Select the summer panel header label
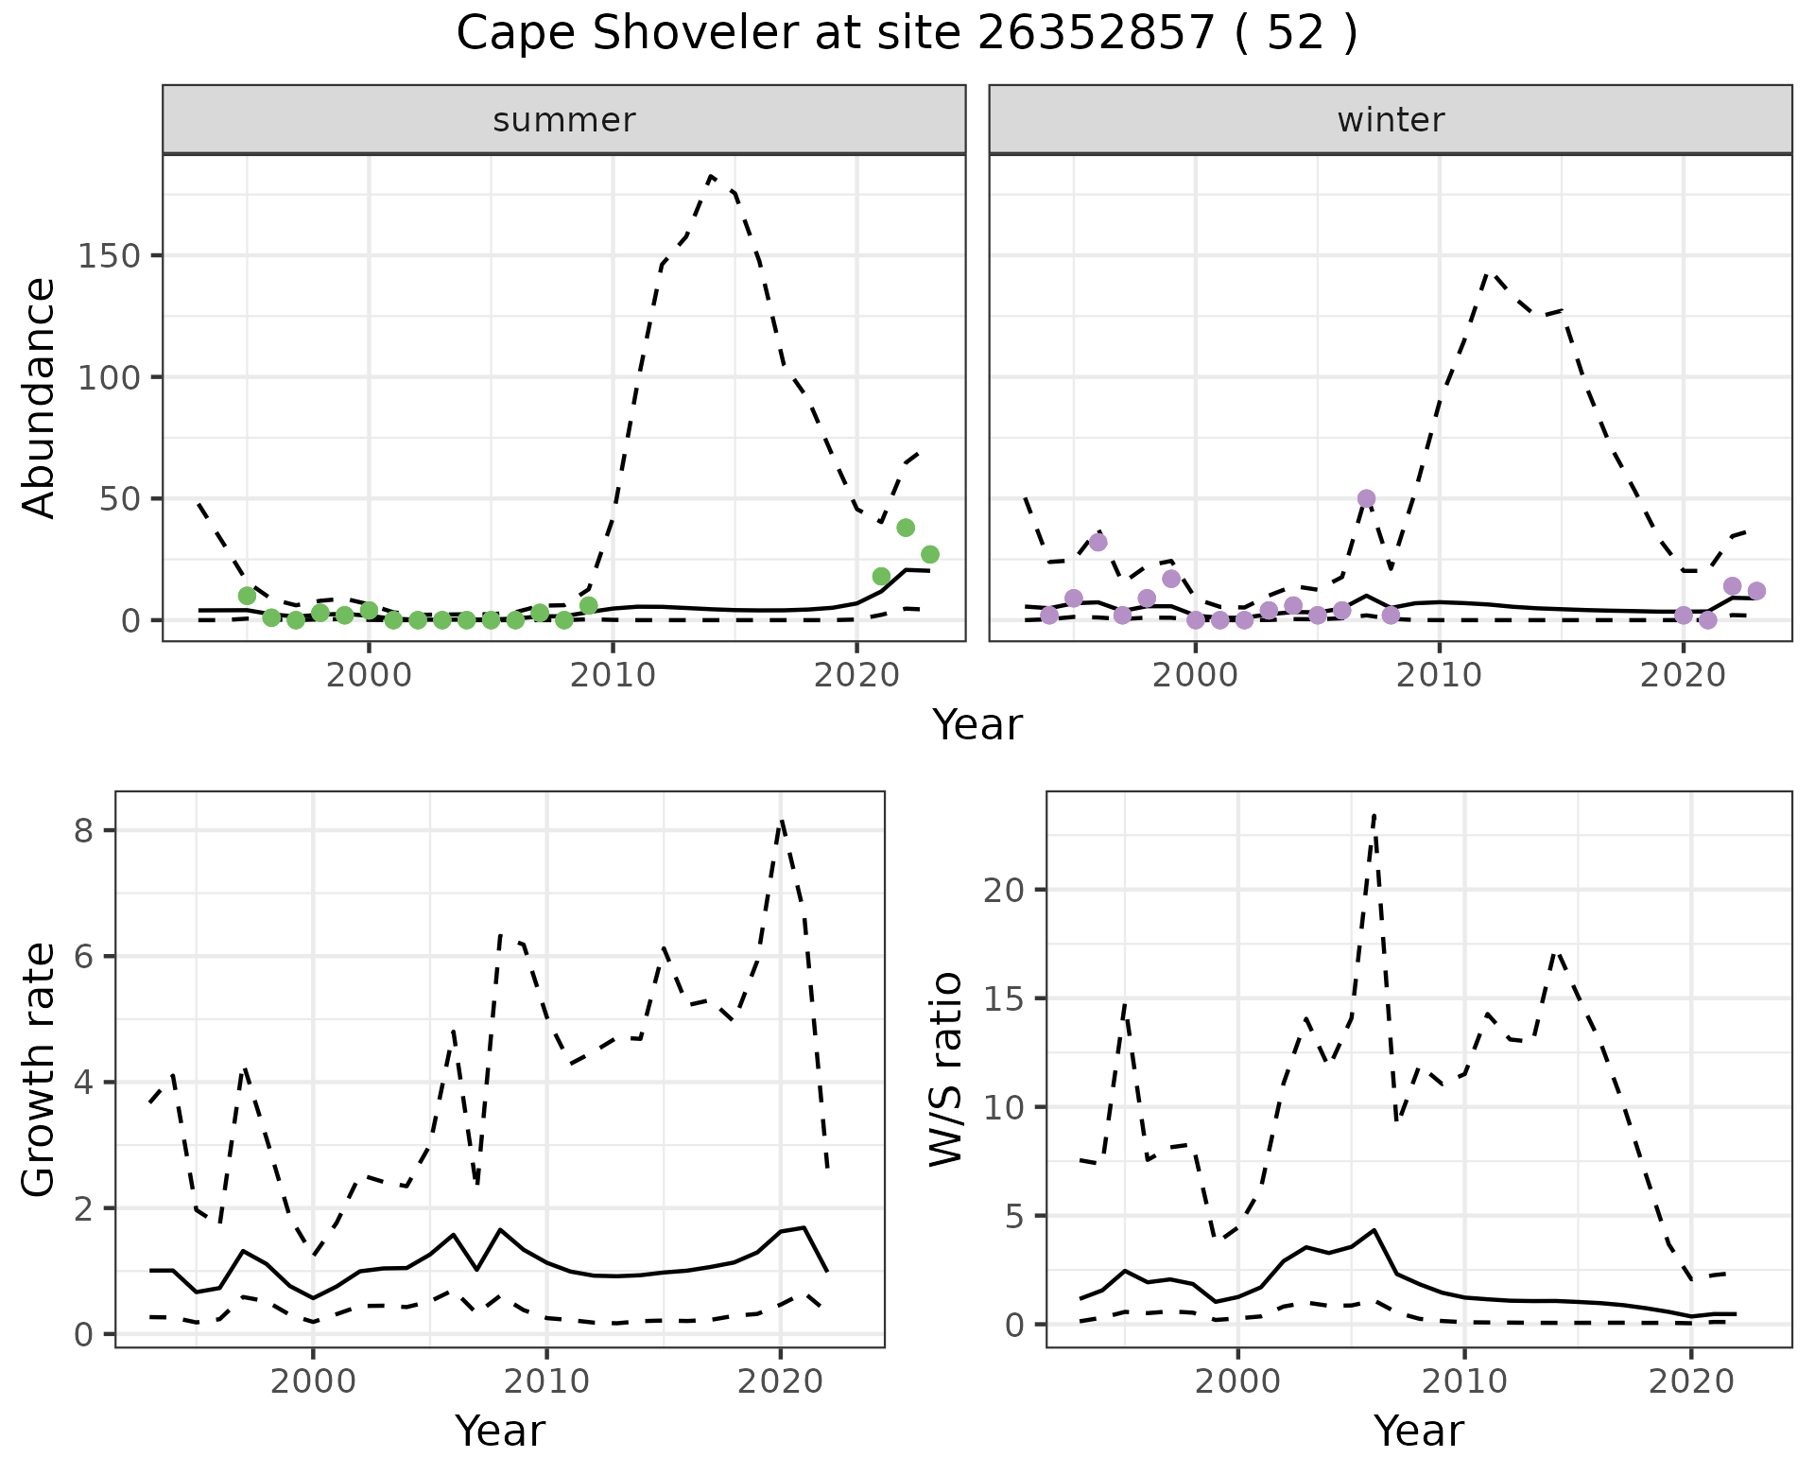click(563, 120)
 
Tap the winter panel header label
click(1390, 120)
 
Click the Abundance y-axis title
click(40, 397)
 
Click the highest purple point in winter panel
click(1366, 498)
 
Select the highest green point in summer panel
click(906, 528)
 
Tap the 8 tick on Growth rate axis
click(84, 830)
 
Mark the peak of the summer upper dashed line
click(711, 176)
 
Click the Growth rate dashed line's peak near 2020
click(781, 821)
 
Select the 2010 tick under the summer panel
click(613, 675)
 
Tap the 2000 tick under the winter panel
click(1195, 675)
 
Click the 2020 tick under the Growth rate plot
click(780, 1381)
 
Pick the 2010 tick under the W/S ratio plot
click(1464, 1381)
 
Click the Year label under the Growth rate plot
click(500, 1431)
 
